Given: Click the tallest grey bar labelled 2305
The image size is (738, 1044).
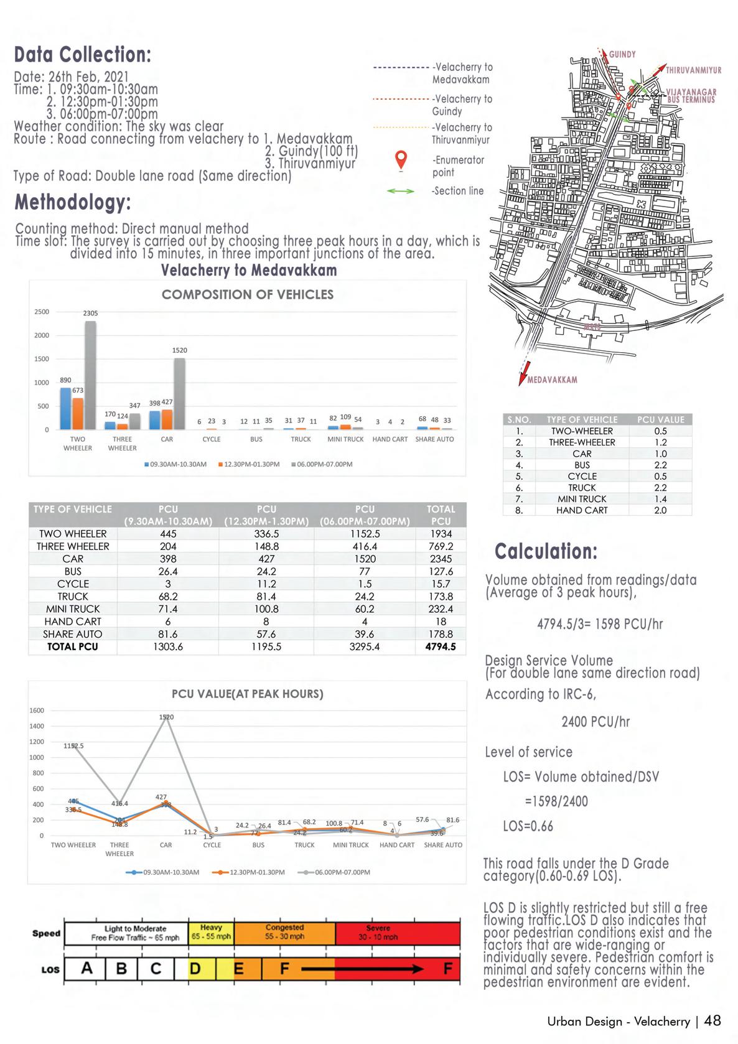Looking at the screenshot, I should (x=90, y=375).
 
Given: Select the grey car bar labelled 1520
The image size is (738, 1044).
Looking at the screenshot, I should (x=179, y=393).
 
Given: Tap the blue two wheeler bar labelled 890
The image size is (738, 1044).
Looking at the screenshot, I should (x=65, y=408).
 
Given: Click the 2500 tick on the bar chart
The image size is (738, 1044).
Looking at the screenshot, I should (x=42, y=312).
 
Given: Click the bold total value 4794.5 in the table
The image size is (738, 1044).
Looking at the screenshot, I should (x=441, y=646).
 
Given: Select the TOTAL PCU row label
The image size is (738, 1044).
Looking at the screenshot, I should (x=73, y=646).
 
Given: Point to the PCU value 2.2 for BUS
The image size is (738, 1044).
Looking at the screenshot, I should (x=660, y=465).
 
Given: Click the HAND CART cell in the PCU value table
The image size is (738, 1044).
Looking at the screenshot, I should (x=582, y=510).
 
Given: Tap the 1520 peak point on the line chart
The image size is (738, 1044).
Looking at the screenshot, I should (x=166, y=717).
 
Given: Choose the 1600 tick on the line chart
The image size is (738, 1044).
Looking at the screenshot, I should (x=37, y=711).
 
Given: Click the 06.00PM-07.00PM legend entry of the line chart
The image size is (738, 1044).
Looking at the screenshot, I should (x=336, y=872).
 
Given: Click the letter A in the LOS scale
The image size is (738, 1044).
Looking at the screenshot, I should (x=87, y=968).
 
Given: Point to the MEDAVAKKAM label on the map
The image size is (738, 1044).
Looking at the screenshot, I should (x=552, y=380).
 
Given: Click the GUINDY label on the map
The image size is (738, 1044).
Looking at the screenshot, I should (x=622, y=55).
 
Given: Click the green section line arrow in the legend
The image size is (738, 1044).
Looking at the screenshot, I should (x=400, y=192).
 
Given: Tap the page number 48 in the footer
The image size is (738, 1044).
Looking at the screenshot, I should (x=712, y=1020).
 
